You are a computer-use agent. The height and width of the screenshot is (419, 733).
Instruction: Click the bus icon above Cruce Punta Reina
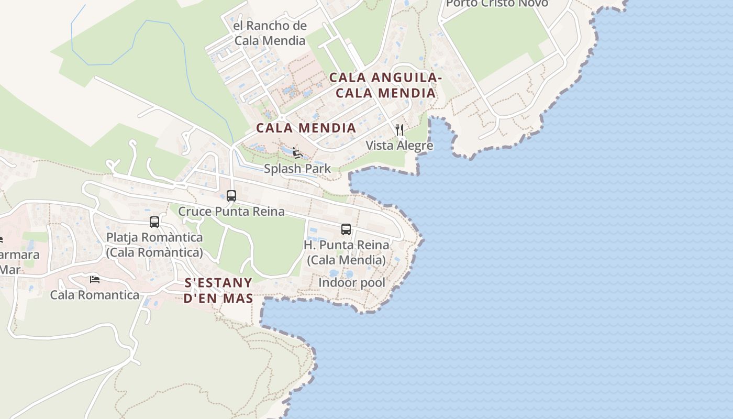(231, 196)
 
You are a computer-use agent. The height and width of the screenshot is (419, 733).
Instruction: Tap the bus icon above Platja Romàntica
(154, 222)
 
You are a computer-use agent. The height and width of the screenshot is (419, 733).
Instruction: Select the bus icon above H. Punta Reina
(346, 229)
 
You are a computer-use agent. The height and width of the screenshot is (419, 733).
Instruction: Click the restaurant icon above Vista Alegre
(399, 130)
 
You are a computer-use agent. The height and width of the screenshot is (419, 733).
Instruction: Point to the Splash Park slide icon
(297, 153)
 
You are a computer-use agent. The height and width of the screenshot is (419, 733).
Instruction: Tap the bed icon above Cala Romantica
(95, 279)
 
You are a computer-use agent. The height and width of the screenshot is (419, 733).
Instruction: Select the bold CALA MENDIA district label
(306, 128)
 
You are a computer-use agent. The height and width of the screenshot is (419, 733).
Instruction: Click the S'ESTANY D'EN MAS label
(219, 291)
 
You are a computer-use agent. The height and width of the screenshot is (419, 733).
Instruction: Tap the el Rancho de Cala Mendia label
(270, 33)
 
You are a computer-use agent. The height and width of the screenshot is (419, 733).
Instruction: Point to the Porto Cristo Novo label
(497, 4)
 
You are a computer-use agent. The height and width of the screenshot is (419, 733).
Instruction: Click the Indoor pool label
(352, 283)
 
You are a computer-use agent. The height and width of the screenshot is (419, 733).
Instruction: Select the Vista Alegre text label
(399, 146)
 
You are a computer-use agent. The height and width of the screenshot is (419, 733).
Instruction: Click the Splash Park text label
(297, 169)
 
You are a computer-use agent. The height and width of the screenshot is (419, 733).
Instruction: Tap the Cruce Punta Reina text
(231, 212)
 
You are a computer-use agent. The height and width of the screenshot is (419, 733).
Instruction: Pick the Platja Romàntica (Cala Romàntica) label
(154, 245)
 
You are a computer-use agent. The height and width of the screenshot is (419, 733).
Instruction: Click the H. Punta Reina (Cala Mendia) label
(346, 252)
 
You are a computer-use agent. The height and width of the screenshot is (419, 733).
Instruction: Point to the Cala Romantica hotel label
(95, 295)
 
